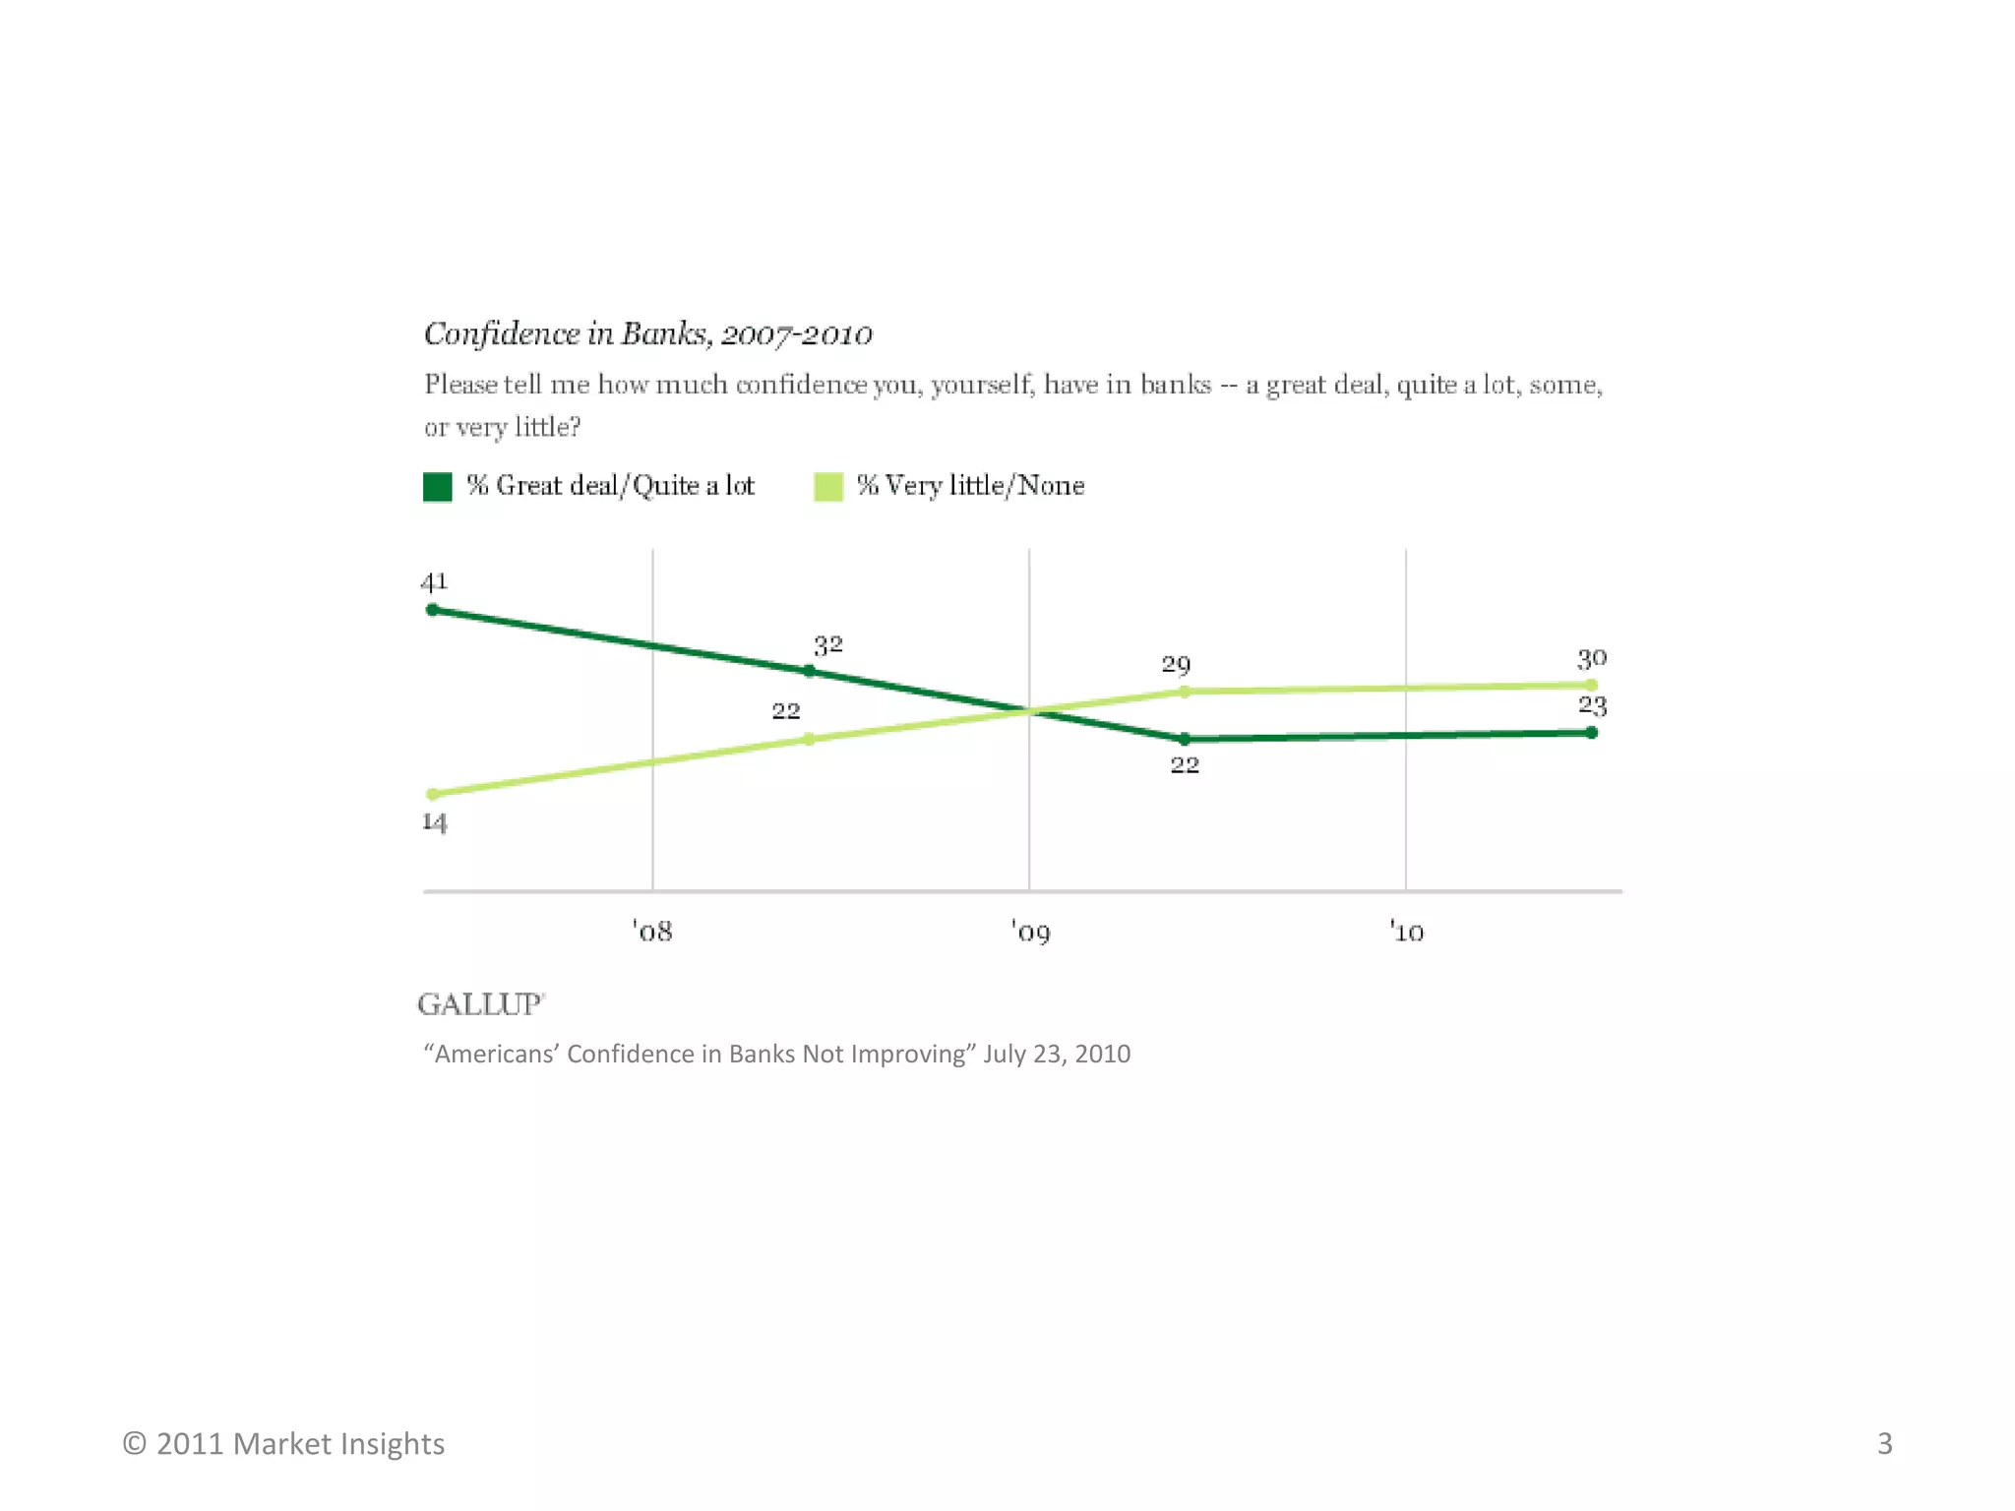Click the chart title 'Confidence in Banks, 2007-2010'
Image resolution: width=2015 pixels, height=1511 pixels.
coord(647,334)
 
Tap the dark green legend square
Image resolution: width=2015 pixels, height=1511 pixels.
coord(437,486)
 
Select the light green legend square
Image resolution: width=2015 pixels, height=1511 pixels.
coord(828,486)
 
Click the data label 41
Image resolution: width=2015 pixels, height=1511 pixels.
coord(434,581)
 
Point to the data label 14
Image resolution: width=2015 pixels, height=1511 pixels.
coord(434,822)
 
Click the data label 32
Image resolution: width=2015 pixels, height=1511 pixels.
coord(827,645)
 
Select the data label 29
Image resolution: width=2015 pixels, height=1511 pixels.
coord(1176,665)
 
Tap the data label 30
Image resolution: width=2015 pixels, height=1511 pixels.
coord(1591,658)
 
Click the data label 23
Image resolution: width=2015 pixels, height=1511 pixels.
coord(1591,705)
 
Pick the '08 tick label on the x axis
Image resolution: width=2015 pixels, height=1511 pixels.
coord(652,932)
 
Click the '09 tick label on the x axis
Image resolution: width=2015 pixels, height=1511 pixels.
coord(1030,932)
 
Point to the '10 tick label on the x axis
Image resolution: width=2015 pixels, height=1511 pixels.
coord(1407,932)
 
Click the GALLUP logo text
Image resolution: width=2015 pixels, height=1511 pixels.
coord(480,1004)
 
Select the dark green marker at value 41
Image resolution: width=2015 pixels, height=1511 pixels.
coord(432,610)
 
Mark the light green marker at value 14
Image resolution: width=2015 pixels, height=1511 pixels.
coord(432,794)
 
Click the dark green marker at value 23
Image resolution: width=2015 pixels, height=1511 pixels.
coord(1591,732)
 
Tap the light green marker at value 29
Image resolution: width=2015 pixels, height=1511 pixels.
coord(1185,692)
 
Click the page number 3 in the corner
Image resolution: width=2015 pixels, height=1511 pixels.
coord(1884,1443)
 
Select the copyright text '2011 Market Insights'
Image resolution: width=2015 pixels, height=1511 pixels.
coord(300,1443)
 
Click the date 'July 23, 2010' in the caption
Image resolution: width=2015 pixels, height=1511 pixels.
coord(1057,1054)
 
